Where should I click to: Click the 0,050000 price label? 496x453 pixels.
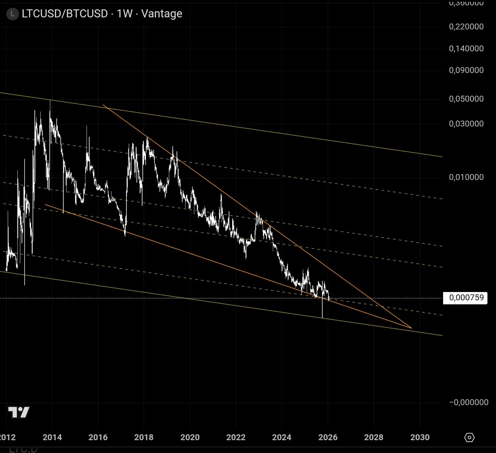(466, 99)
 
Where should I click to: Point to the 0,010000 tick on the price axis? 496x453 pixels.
(466, 177)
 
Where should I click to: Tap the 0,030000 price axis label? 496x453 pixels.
(466, 124)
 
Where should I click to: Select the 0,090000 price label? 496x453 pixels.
(466, 70)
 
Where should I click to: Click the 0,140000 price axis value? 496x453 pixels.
(466, 48)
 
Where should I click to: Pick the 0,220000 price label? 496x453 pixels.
(466, 26)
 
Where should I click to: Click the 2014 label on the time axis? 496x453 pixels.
(52, 437)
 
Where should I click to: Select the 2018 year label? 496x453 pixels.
(144, 437)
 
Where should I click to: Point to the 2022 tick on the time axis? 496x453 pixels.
(236, 437)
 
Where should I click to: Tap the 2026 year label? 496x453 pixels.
(328, 437)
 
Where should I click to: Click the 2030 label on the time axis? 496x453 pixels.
(420, 437)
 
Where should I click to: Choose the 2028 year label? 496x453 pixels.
(374, 437)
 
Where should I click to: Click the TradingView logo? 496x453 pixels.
(19, 412)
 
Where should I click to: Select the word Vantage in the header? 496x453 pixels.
(162, 14)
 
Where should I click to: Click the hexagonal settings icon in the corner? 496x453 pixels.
(470, 437)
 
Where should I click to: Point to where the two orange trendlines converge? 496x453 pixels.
(411, 328)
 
